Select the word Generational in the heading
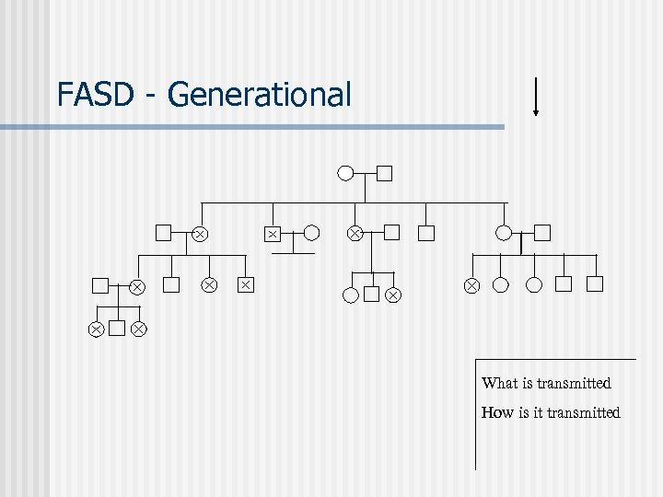point(260,95)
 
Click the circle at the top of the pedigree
point(345,172)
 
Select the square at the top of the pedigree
point(385,172)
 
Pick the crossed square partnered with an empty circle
point(273,234)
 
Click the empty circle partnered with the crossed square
point(312,233)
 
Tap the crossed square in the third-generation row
point(245,285)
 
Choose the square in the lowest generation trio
point(117,328)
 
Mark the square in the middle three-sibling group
point(371,295)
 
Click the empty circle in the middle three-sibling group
point(350,295)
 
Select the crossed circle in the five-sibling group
point(471,285)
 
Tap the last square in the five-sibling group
point(595,284)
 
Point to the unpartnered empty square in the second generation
point(425,233)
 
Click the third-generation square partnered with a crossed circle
point(100,285)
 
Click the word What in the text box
point(500,383)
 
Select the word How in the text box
point(498,412)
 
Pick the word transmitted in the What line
point(576,383)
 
